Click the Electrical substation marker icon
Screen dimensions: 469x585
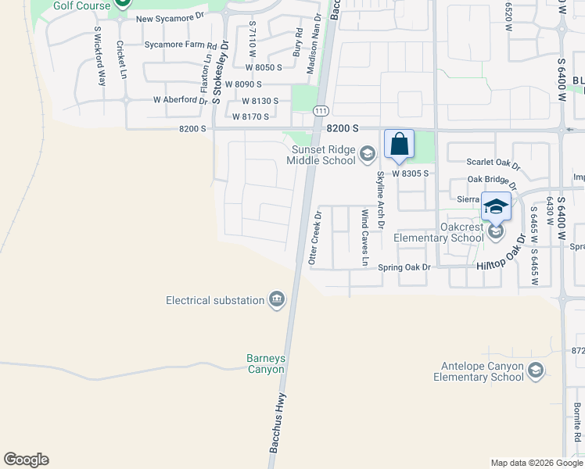(276, 300)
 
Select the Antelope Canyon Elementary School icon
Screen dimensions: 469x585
(536, 370)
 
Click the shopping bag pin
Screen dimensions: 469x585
(399, 145)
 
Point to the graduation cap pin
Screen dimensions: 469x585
(496, 207)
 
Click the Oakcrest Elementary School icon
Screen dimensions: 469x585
(494, 232)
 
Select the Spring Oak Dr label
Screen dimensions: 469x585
(404, 267)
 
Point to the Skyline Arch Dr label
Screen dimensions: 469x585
(381, 200)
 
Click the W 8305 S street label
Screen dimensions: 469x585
(411, 174)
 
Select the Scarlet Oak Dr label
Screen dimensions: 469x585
(493, 163)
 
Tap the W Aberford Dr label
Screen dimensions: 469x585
(181, 100)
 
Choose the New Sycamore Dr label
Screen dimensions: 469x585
(170, 18)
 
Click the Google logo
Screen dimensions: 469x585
(26, 460)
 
